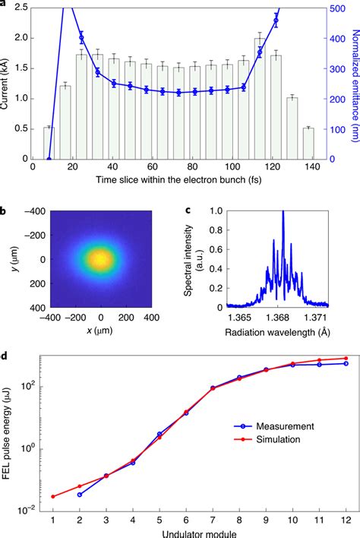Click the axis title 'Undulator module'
(199, 533)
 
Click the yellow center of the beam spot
(100, 258)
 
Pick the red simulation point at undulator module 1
(52, 496)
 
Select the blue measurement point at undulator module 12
(346, 363)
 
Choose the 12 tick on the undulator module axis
(346, 521)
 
